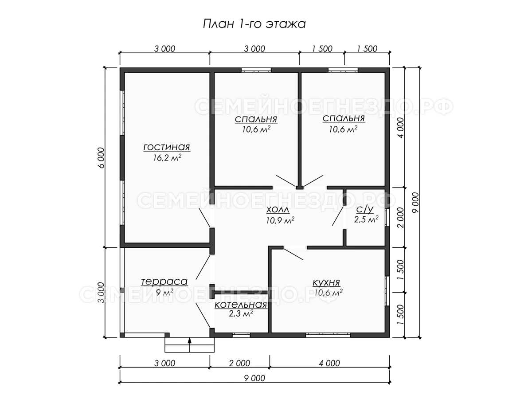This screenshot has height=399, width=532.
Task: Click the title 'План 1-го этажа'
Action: [254, 24]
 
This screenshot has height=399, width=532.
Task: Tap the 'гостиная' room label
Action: [167, 147]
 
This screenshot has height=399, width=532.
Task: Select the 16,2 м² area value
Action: [167, 158]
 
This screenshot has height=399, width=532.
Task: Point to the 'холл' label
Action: [278, 210]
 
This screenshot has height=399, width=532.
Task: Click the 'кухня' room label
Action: [326, 282]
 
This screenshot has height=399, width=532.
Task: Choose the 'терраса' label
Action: [164, 282]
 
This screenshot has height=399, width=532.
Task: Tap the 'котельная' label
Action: [241, 305]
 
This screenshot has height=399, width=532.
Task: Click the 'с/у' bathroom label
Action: [365, 210]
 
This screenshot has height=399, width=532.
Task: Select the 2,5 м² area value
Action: [366, 219]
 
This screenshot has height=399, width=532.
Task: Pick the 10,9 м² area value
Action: [280, 220]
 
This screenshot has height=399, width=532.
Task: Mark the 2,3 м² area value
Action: [241, 314]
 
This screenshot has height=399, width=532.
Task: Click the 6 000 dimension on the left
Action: [102, 158]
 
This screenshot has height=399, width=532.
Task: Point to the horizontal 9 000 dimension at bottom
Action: [254, 378]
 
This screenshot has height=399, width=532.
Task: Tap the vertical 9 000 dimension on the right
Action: [415, 203]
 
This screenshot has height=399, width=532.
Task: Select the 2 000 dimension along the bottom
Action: [239, 363]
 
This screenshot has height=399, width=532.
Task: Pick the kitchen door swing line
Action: [293, 254]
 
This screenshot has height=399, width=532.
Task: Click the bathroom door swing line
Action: [338, 216]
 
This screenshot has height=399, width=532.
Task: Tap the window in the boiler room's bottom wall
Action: [241, 335]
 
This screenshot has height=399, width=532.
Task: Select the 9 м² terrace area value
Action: [164, 293]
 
